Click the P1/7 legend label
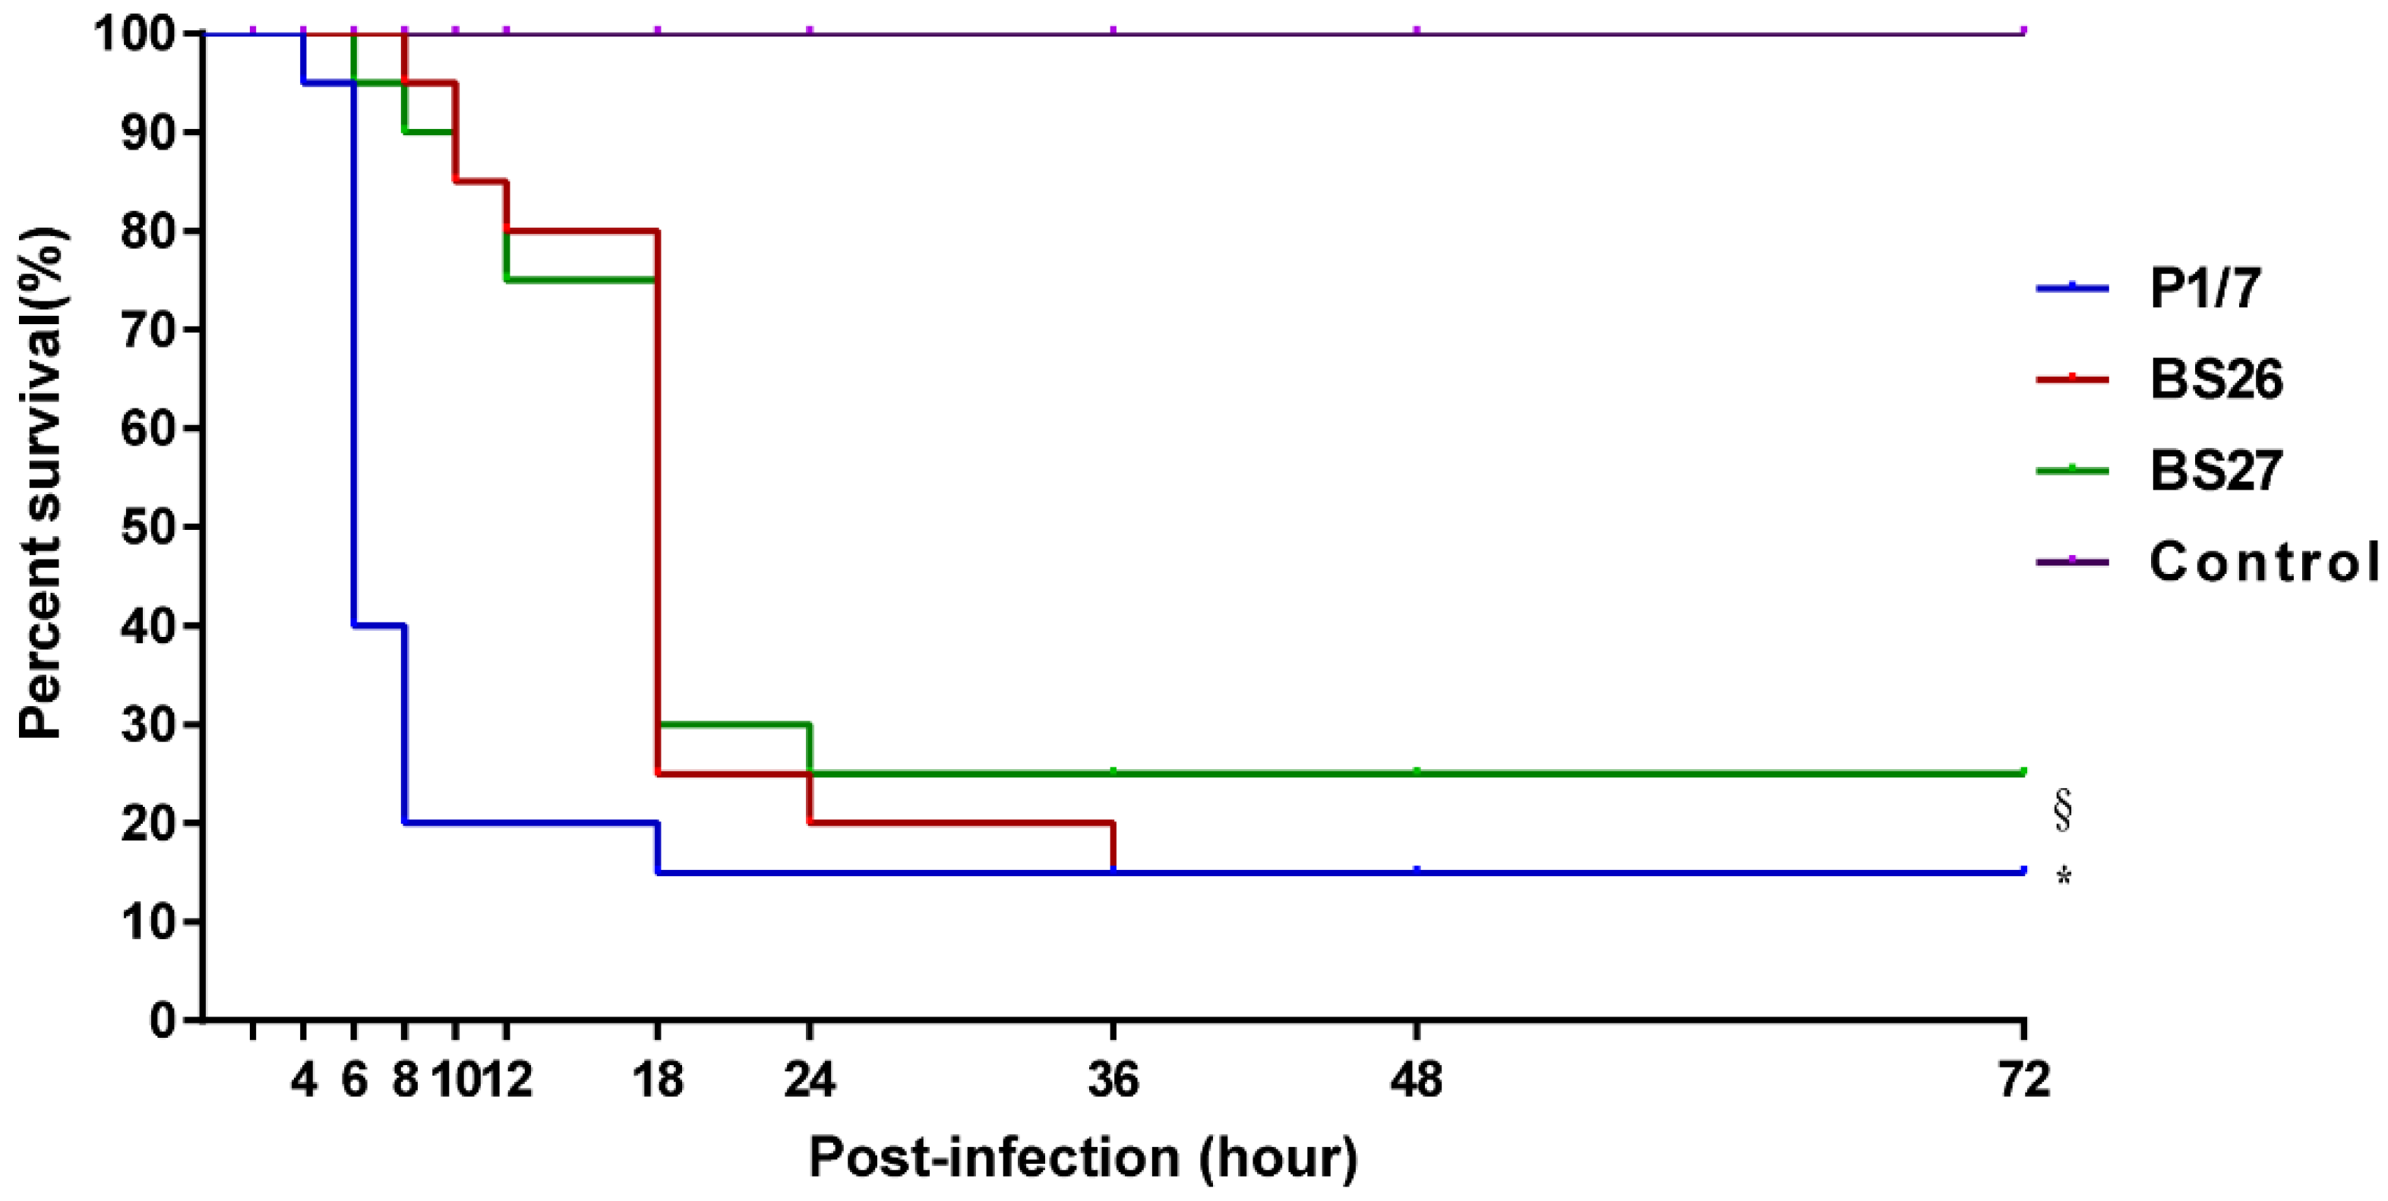pos(2203,288)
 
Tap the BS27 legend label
pos(2216,470)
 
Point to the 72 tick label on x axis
pos(2023,1080)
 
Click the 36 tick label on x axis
pos(1113,1080)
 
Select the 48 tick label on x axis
pos(1417,1080)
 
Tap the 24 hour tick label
pos(809,1080)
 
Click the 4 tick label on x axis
pos(304,1080)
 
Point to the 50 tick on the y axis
pos(148,526)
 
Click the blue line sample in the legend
pos(2072,288)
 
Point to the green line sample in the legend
pos(2072,471)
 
